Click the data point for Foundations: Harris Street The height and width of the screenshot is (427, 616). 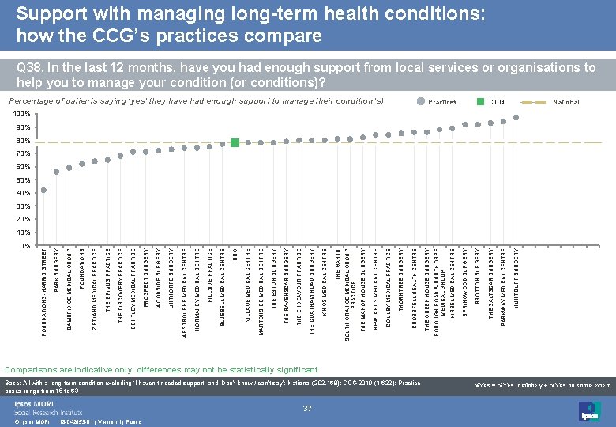click(44, 190)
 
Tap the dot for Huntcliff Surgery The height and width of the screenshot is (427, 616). click(516, 118)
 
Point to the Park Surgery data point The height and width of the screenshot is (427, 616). click(57, 172)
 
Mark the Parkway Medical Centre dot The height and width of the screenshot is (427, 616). click(503, 121)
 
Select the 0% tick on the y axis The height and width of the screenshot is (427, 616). click(24, 245)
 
